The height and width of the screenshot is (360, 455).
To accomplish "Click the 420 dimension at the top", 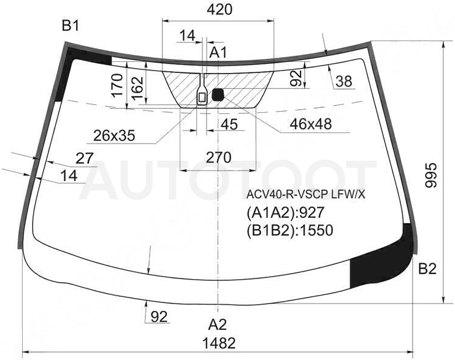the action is tap(220, 10).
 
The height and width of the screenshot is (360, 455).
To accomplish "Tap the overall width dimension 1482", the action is tap(219, 343).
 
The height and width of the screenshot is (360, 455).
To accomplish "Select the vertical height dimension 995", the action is tap(431, 175).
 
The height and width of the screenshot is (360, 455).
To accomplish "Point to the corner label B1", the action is tap(71, 26).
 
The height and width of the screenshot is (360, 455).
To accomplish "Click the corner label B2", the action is tap(427, 269).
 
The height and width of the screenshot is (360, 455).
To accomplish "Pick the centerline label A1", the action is tap(218, 53).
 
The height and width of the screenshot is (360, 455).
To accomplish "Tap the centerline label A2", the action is tap(217, 324).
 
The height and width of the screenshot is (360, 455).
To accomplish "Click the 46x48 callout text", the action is tap(310, 124).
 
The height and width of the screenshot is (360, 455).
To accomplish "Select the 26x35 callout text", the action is tap(114, 136).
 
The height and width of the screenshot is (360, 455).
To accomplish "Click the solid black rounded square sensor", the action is tap(218, 94).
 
